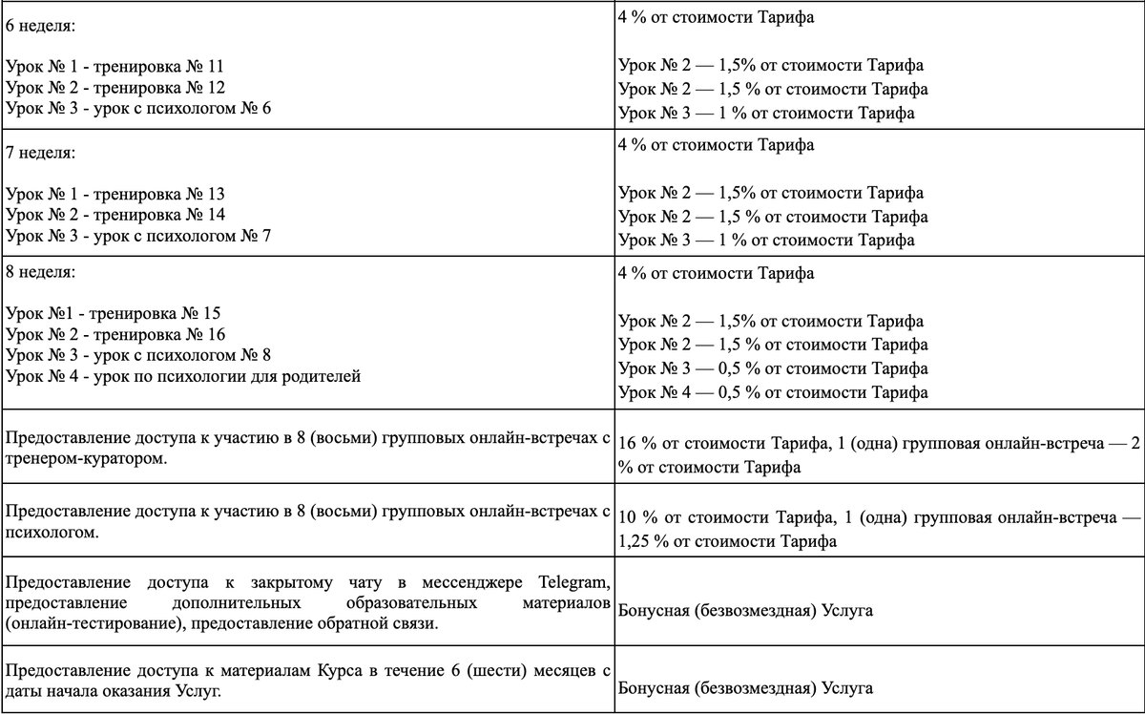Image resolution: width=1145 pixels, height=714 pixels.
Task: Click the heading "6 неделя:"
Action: pos(39,25)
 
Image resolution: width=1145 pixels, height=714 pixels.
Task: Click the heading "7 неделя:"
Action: pos(39,153)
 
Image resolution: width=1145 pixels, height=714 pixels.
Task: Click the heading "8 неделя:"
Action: pos(39,272)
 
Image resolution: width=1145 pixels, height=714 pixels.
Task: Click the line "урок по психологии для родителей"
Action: pos(224,376)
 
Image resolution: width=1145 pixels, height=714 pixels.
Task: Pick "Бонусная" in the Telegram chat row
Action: pos(655,610)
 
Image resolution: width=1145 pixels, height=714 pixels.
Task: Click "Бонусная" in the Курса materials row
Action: pos(655,687)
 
